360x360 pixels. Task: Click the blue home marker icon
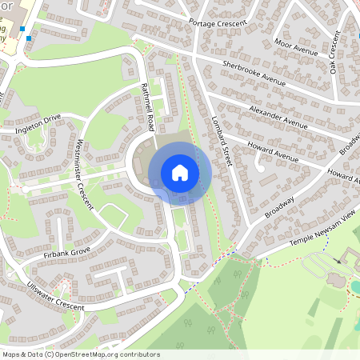tap(180, 173)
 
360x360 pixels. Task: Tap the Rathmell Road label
tap(148, 106)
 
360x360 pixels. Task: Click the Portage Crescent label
tap(215, 28)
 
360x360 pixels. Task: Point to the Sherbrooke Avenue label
tap(254, 70)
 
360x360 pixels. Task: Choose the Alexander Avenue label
tap(278, 116)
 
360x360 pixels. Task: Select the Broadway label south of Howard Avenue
tap(280, 207)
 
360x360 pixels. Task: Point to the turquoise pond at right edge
tap(356, 286)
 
